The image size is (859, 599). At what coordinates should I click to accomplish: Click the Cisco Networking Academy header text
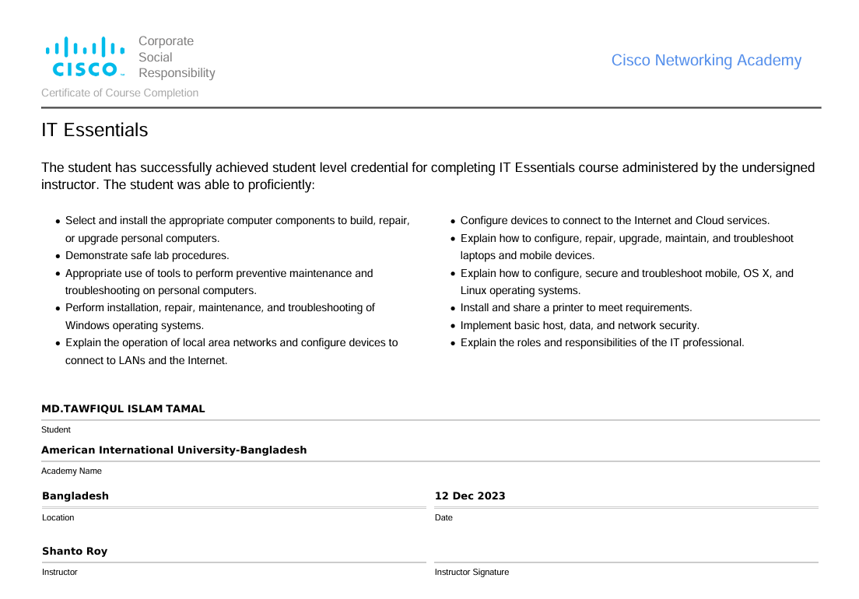tap(706, 61)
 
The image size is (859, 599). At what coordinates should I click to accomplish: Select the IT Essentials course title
tap(94, 130)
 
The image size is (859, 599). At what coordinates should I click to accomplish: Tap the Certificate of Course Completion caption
tap(120, 93)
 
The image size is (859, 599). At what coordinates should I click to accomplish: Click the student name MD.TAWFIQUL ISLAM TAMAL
tap(123, 408)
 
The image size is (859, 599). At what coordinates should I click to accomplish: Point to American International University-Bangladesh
tap(174, 450)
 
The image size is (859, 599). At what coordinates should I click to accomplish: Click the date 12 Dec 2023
tap(470, 496)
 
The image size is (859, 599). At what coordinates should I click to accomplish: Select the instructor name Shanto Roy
tap(75, 551)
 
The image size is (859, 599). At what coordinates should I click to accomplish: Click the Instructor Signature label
tap(472, 572)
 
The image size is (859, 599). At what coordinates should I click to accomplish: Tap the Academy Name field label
tap(72, 471)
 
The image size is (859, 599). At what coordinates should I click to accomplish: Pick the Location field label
tap(58, 517)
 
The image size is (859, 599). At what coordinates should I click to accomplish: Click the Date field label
tap(444, 517)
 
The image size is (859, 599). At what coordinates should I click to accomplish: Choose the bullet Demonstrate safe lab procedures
tap(147, 255)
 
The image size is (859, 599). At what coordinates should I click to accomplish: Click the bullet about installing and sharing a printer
tap(576, 307)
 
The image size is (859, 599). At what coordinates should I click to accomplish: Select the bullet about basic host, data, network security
tap(580, 325)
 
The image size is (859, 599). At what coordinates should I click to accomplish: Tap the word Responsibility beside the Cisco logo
tap(177, 73)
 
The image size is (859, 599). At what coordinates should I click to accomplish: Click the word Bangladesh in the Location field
tap(75, 496)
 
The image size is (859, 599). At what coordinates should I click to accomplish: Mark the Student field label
tap(56, 429)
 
